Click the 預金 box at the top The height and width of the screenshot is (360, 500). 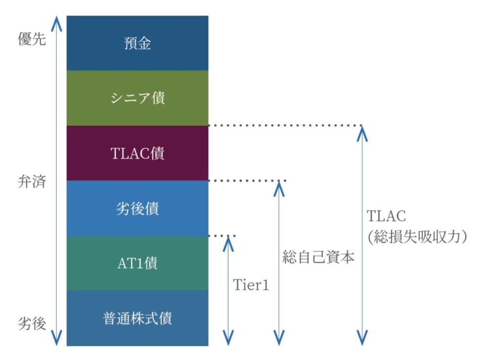(137, 43)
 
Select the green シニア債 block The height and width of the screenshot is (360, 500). (137, 98)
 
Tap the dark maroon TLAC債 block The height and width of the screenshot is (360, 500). (137, 153)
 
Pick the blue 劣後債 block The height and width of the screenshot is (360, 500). (137, 208)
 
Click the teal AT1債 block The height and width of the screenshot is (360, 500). (137, 263)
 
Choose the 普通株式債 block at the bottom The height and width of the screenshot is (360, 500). (137, 319)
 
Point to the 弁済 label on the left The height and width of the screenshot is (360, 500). (32, 182)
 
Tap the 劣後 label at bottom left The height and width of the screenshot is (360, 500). (32, 323)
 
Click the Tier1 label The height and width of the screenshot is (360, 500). (251, 285)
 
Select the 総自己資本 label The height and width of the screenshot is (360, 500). (318, 257)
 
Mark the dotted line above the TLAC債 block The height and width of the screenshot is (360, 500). (285, 125)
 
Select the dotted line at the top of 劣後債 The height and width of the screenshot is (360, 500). (247, 180)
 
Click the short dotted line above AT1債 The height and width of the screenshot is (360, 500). (222, 236)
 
